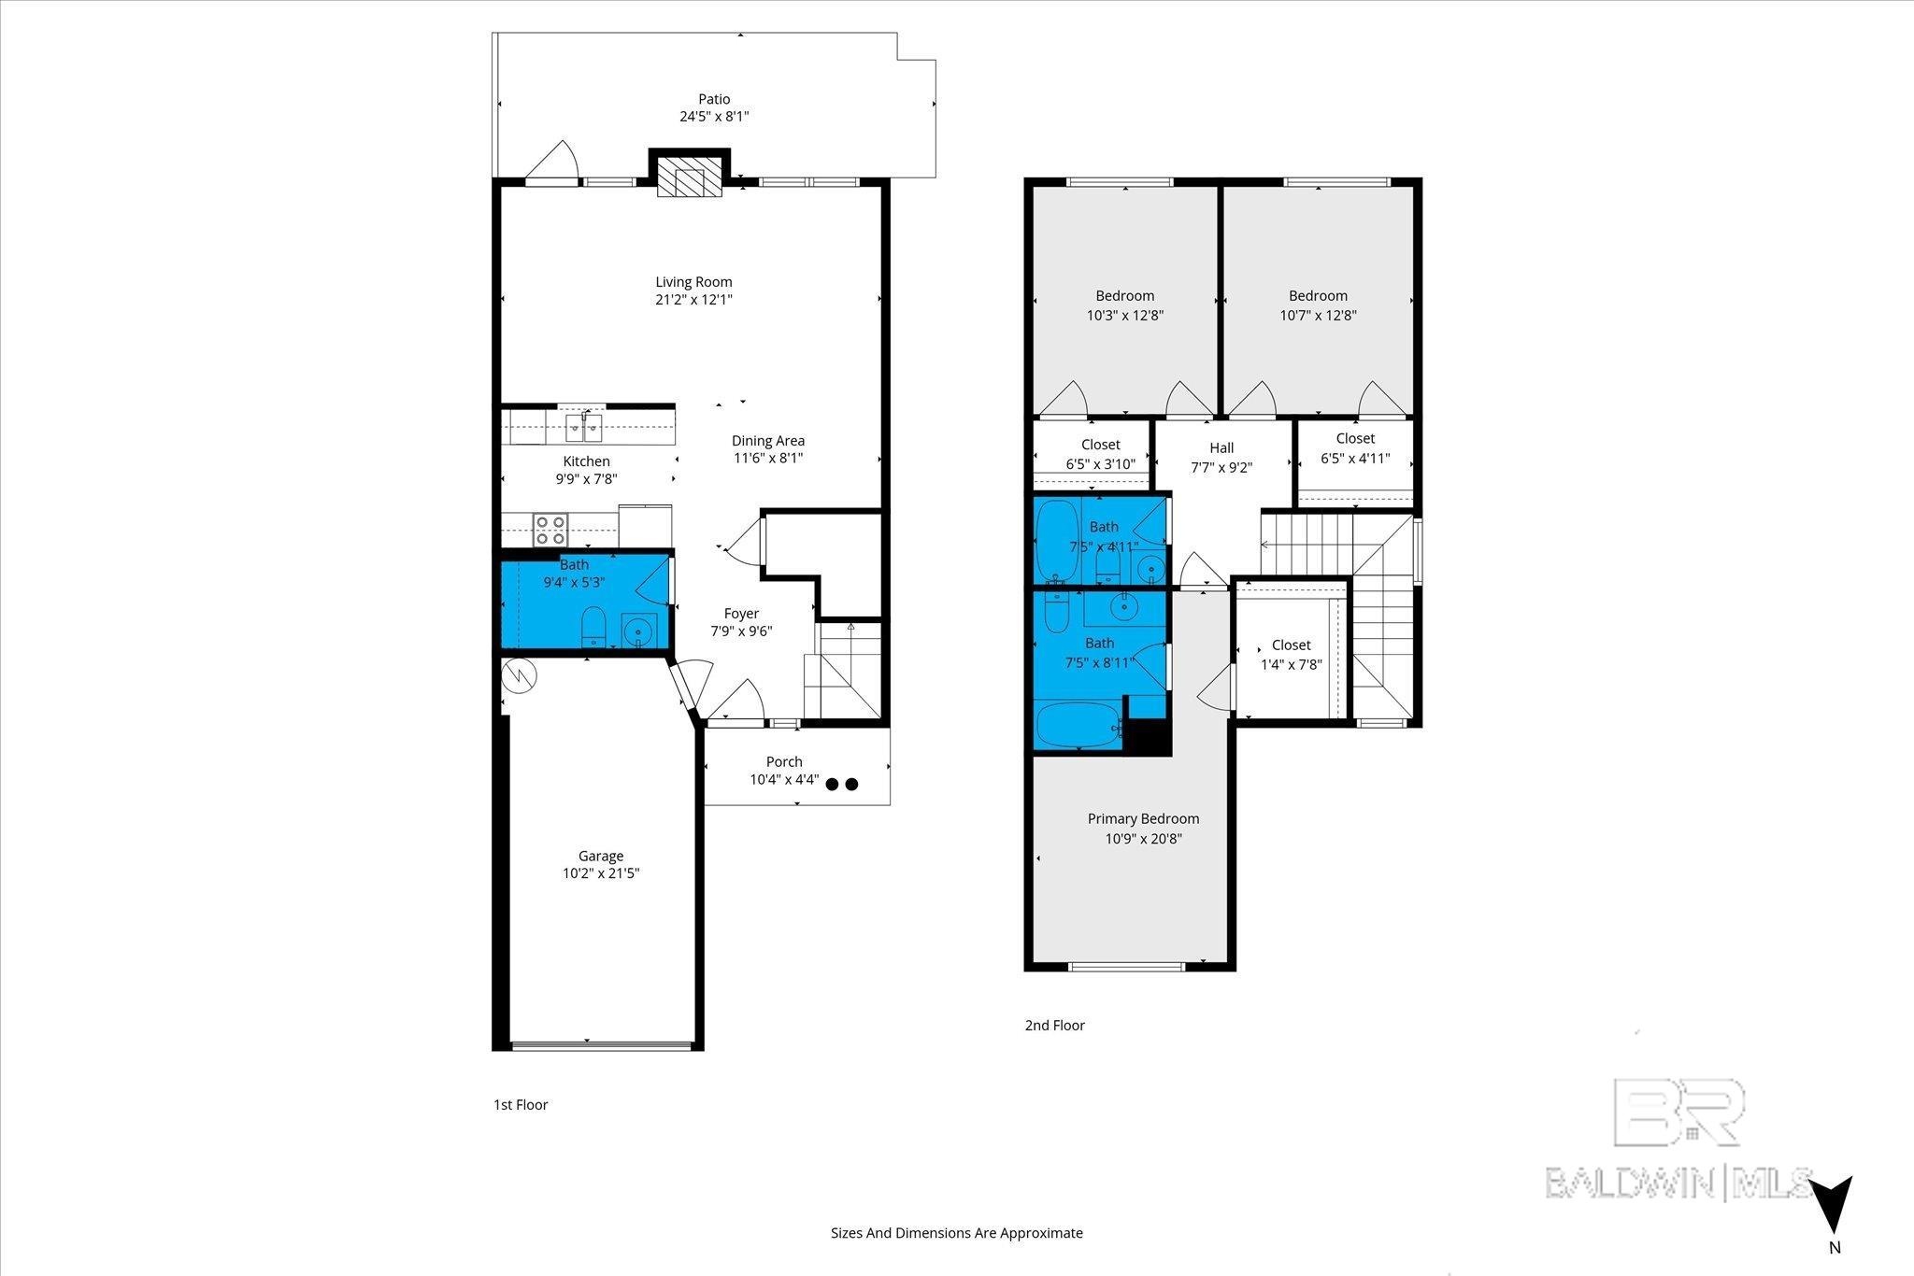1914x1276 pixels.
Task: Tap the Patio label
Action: point(714,99)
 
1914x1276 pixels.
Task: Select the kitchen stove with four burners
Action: point(550,530)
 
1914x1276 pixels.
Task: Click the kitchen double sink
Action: point(584,428)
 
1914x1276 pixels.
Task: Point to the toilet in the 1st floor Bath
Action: point(594,627)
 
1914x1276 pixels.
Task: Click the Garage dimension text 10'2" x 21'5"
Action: point(600,873)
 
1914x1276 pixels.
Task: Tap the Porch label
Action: point(784,761)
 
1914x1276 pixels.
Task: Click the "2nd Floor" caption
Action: point(1054,1025)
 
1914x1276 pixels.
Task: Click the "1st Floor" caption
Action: point(521,1104)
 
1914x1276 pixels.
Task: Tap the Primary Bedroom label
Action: point(1143,819)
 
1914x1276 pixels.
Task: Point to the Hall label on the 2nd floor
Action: point(1221,447)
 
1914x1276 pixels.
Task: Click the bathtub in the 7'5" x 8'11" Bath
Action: point(1078,726)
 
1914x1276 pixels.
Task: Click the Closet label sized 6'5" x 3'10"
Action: point(1101,445)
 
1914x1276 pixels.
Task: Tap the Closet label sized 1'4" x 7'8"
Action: point(1292,645)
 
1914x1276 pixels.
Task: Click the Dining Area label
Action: point(768,441)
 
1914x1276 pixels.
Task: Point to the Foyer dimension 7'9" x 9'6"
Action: point(741,631)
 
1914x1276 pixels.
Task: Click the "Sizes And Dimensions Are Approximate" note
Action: point(957,1232)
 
